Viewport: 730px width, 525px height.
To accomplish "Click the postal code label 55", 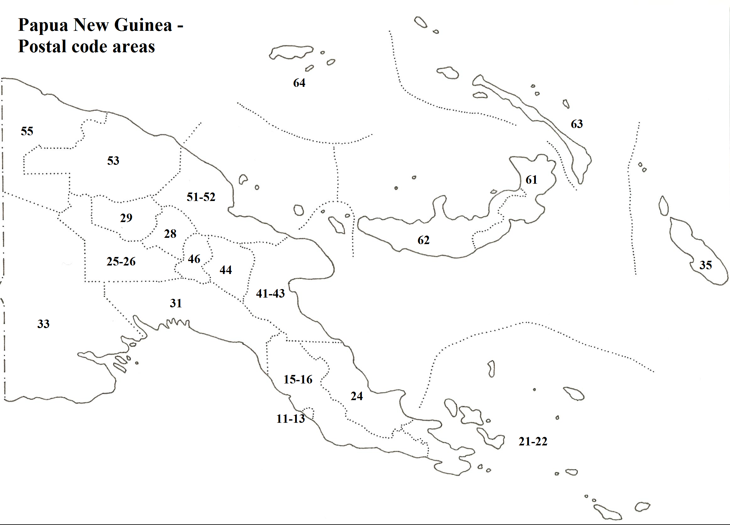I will [x=27, y=131].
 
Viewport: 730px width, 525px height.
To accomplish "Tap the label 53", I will [x=113, y=160].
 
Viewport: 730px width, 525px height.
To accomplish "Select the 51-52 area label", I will [x=201, y=197].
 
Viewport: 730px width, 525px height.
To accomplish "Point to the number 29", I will [x=126, y=218].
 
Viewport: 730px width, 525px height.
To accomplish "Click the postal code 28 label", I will [x=170, y=234].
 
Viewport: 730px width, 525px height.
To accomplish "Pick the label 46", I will [x=194, y=259].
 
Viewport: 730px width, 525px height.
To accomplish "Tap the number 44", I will [x=226, y=270].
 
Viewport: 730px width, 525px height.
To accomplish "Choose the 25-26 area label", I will [x=121, y=261].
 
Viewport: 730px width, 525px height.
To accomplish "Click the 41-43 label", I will [x=270, y=293].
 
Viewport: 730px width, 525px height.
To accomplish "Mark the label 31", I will [x=176, y=303].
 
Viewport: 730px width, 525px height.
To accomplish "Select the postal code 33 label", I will [x=43, y=324].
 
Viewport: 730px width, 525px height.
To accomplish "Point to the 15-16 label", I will [x=298, y=379].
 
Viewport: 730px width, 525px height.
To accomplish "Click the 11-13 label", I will [x=290, y=419].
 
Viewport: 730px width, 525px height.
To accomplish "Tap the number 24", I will [x=357, y=396].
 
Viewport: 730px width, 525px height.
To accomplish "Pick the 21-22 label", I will [x=533, y=441].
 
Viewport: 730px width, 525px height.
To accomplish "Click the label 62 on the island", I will [x=423, y=240].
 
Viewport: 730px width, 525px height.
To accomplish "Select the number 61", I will [x=531, y=180].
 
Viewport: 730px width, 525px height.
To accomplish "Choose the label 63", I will [x=577, y=124].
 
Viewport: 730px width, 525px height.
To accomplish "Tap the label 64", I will [x=299, y=83].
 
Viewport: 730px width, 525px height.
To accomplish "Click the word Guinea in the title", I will [x=143, y=25].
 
